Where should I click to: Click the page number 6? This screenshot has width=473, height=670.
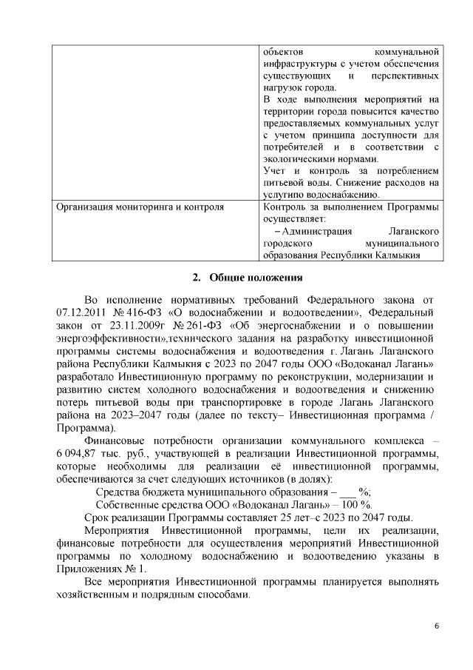[x=437, y=627]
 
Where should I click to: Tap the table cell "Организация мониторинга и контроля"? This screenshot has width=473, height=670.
[x=140, y=207]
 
